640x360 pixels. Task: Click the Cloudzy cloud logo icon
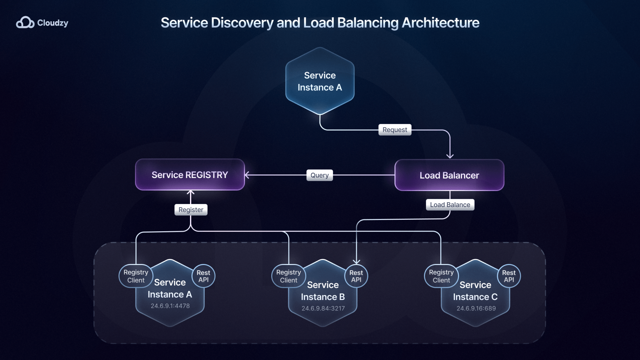click(25, 22)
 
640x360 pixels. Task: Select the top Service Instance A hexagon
click(320, 81)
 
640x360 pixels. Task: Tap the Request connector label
click(395, 130)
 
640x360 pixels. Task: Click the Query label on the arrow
click(319, 175)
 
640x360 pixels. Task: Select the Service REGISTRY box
click(190, 175)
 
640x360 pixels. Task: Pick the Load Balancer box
click(449, 175)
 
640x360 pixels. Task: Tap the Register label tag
click(191, 210)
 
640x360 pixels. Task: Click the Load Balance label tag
click(450, 205)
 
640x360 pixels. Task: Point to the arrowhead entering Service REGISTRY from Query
click(247, 175)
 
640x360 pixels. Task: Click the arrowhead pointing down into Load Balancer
click(450, 156)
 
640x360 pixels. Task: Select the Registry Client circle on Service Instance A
click(136, 276)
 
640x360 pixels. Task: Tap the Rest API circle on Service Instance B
click(356, 276)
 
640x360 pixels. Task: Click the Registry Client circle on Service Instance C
click(441, 276)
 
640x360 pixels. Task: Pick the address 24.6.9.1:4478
click(170, 306)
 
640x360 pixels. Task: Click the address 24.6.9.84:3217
click(323, 308)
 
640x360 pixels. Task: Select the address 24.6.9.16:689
click(476, 308)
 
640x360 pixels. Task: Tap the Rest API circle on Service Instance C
click(508, 276)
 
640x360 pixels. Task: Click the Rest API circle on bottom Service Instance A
click(203, 276)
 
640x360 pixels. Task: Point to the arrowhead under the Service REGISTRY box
click(191, 192)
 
